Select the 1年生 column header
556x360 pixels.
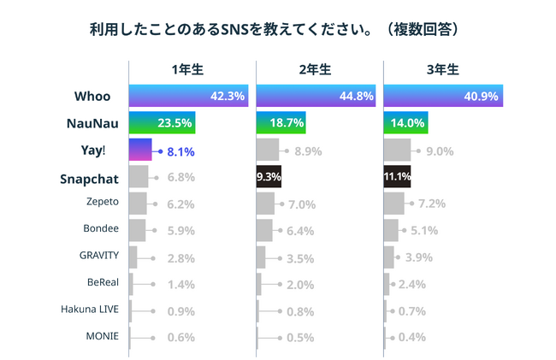(x=186, y=70)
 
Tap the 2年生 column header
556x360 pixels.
(x=316, y=70)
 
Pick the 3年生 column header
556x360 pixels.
(x=443, y=70)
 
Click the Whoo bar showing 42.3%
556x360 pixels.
(x=188, y=96)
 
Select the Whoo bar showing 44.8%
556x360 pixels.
(x=316, y=96)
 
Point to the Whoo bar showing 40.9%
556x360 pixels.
(x=443, y=96)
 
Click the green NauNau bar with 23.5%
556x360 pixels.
(x=163, y=123)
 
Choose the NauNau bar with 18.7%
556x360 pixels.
(x=281, y=123)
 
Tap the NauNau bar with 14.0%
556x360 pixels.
(x=405, y=123)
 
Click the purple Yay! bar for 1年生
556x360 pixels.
(x=139, y=150)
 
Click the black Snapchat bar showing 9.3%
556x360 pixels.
(x=269, y=177)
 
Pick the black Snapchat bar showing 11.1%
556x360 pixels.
(x=399, y=177)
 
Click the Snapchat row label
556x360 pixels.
(x=90, y=179)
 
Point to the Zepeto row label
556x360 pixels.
(x=103, y=204)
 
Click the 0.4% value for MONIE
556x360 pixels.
(x=412, y=337)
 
